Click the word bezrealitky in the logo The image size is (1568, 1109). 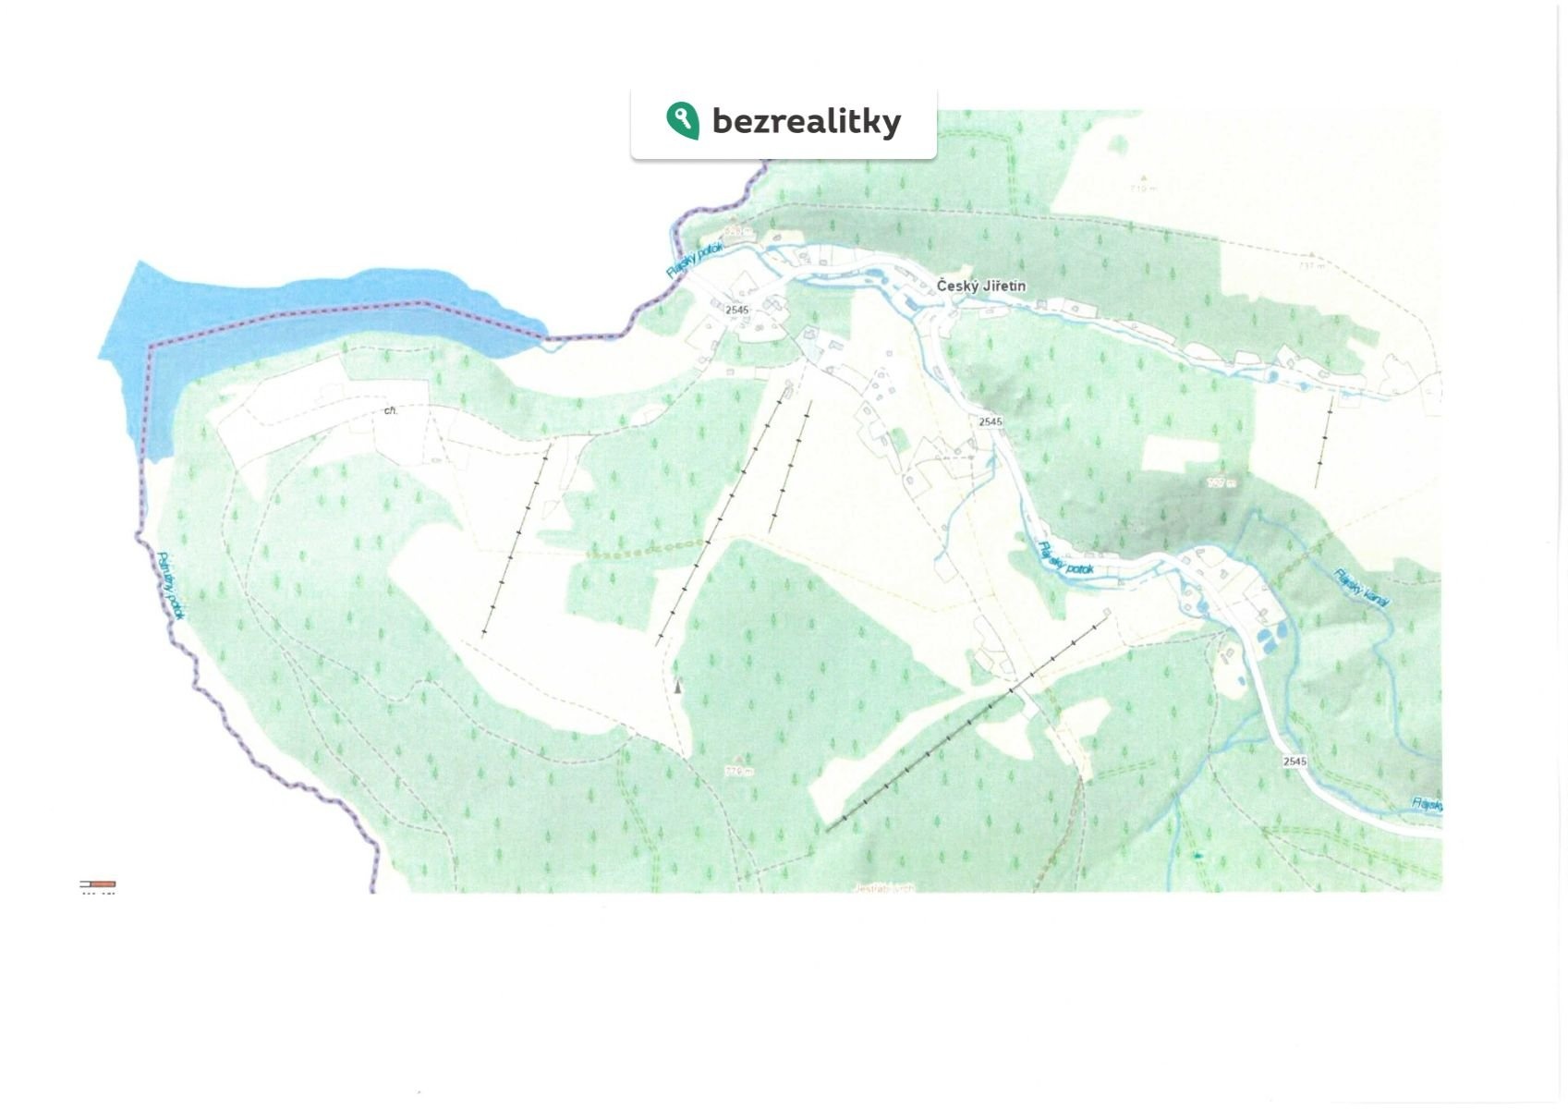pyautogui.click(x=806, y=121)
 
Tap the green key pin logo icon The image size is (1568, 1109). pyautogui.click(x=682, y=120)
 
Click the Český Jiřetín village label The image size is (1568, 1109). pyautogui.click(x=980, y=286)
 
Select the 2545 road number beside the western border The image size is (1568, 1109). pyautogui.click(x=736, y=310)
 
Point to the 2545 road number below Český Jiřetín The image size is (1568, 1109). pyautogui.click(x=990, y=421)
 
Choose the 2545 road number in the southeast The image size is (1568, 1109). pyautogui.click(x=1295, y=762)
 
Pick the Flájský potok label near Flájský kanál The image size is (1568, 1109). pyautogui.click(x=1065, y=559)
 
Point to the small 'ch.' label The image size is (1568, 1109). pyautogui.click(x=391, y=410)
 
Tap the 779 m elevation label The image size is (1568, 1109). pyautogui.click(x=739, y=771)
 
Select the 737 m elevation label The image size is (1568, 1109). pyautogui.click(x=1311, y=265)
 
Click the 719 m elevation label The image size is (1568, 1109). pyautogui.click(x=1143, y=188)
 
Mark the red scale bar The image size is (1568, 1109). pyautogui.click(x=98, y=884)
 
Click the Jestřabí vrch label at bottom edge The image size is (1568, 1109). pyautogui.click(x=884, y=888)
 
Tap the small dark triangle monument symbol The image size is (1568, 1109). pyautogui.click(x=678, y=686)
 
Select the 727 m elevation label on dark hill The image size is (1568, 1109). pyautogui.click(x=1222, y=482)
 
